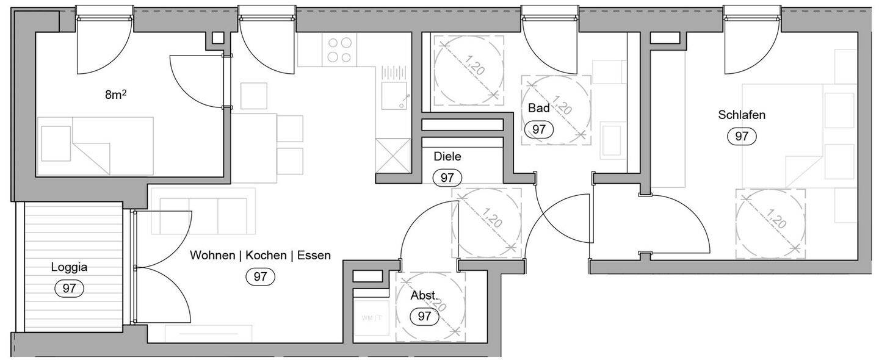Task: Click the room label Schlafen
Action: [x=742, y=115]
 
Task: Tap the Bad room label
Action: [x=539, y=109]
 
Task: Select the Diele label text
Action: [x=447, y=157]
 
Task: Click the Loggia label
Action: [x=69, y=267]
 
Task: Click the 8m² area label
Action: [x=116, y=95]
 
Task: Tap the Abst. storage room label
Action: [x=424, y=296]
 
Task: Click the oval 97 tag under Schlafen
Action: [x=742, y=137]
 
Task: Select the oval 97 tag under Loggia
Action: [x=69, y=288]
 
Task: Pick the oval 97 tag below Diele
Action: [x=447, y=178]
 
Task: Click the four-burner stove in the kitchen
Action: [x=339, y=49]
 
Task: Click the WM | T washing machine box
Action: [x=371, y=318]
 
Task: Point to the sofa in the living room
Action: [x=203, y=212]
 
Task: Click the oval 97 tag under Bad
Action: [x=539, y=129]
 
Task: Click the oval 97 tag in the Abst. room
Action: [x=424, y=317]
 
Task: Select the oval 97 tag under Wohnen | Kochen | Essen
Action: [x=260, y=276]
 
